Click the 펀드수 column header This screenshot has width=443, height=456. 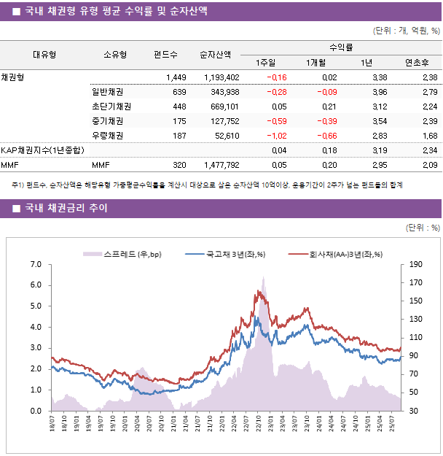click(165, 54)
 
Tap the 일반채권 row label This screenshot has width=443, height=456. click(107, 92)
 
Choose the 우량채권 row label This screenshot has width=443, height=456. click(107, 136)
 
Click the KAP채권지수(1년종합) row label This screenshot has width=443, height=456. click(42, 150)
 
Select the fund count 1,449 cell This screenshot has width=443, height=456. click(176, 77)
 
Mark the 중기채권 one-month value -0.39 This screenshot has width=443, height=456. click(326, 121)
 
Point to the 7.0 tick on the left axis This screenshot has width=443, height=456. click(36, 264)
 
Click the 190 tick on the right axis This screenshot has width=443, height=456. click(416, 264)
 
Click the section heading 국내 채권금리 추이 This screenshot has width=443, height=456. click(66, 209)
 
